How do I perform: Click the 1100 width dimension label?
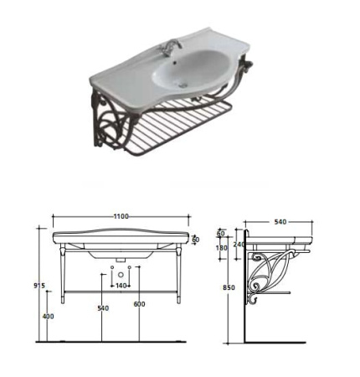121,216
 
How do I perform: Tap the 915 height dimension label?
39,286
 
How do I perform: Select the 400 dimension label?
49,317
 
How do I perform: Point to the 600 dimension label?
139,304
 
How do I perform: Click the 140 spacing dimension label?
121,286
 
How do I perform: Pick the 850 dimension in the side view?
229,287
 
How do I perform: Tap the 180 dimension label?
222,248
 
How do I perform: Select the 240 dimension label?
239,245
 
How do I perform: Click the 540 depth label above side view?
280,222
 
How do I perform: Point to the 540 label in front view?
103,308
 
